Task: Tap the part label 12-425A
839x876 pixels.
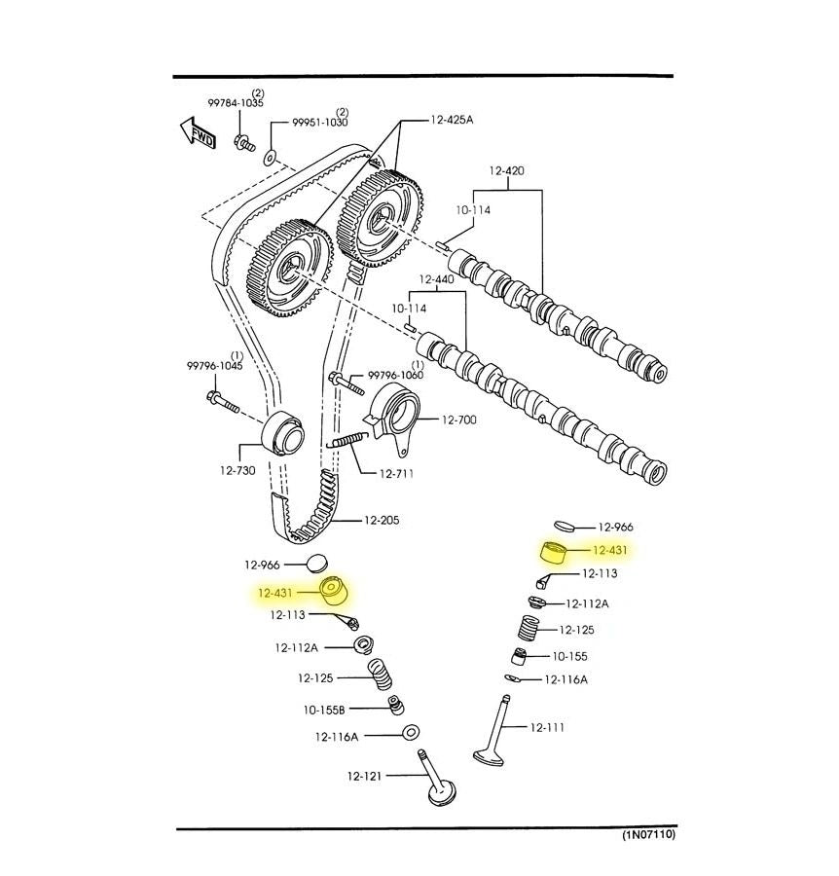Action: tap(452, 120)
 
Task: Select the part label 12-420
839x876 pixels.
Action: tap(507, 170)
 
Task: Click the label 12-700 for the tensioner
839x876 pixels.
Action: tap(459, 420)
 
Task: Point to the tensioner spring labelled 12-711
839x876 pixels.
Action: tap(347, 440)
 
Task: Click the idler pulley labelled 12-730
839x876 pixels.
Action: tap(283, 434)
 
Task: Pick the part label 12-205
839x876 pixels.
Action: tap(382, 520)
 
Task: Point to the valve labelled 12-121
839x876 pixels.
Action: tap(437, 779)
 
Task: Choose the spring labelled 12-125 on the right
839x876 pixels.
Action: tap(527, 629)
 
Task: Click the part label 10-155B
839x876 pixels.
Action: tap(324, 711)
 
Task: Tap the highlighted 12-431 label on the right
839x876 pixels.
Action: tap(609, 550)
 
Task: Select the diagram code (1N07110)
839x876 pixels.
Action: tap(649, 835)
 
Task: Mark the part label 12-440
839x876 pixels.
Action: tap(436, 279)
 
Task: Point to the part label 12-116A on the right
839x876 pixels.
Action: tap(565, 680)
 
